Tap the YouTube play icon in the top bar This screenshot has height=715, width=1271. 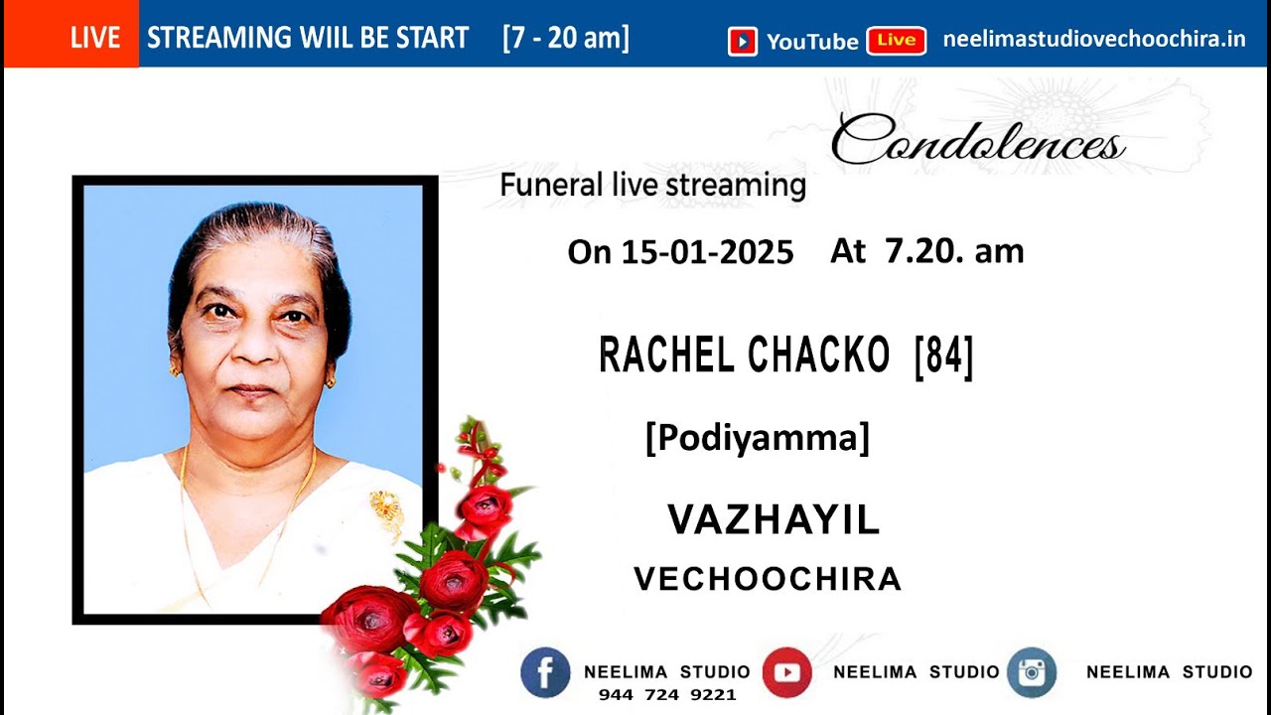742,41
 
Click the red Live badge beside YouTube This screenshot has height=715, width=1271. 896,41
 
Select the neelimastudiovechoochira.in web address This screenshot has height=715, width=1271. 1093,40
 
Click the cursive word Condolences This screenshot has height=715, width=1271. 977,141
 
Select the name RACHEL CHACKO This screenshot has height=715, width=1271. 745,356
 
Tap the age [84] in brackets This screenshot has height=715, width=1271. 943,356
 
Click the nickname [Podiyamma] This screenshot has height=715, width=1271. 757,437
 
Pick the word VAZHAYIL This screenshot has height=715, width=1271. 774,519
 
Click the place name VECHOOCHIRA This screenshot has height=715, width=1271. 768,579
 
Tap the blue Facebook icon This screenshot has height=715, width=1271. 545,672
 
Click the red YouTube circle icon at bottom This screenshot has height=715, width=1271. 786,672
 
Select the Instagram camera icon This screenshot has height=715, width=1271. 1032,672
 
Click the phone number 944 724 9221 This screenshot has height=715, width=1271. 666,695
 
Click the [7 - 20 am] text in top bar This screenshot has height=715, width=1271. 566,39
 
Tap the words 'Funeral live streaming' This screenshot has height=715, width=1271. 652,185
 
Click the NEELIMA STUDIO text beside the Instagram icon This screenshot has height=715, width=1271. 1169,672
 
